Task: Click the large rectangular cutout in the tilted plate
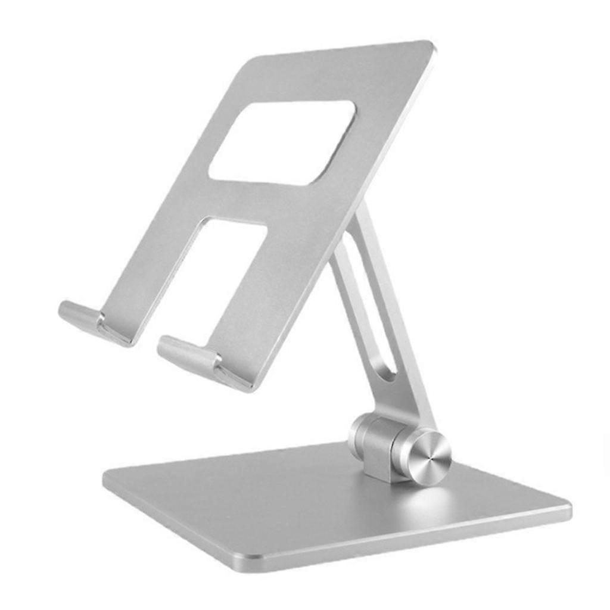click(x=282, y=142)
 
